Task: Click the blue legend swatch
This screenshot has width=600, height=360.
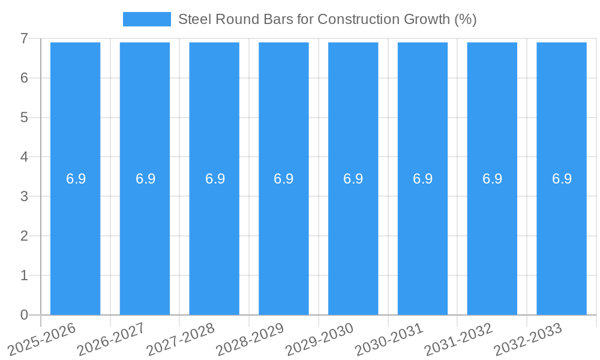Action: coord(146,19)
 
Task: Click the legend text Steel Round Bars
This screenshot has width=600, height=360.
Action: coord(328,19)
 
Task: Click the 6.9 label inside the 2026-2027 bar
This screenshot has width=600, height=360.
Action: coord(145,179)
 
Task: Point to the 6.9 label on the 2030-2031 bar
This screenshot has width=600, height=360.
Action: coord(423,179)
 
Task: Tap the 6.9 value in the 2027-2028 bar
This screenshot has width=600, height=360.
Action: coord(215,179)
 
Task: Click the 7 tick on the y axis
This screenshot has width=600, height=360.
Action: coord(24,38)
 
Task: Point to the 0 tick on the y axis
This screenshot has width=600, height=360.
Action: coord(24,315)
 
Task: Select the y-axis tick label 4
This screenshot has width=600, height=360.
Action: coord(24,157)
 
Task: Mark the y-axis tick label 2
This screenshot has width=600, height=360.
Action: coord(24,236)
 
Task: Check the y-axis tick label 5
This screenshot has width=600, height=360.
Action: coord(24,118)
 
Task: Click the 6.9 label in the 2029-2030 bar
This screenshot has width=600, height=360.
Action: coord(353,179)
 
